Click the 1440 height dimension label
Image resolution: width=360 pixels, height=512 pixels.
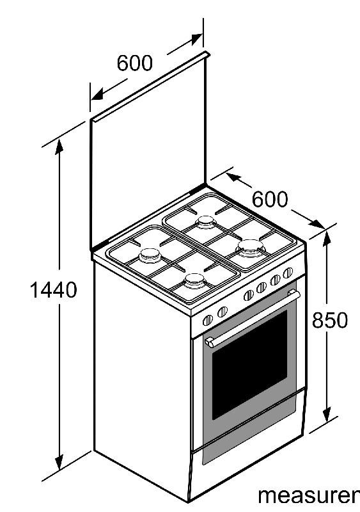[53, 290]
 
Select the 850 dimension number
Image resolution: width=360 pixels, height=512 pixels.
[330, 320]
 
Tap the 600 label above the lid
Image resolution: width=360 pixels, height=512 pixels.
[134, 63]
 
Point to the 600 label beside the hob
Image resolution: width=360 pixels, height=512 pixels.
[270, 199]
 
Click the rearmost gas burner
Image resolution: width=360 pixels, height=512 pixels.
[206, 222]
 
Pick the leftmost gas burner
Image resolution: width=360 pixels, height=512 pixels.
[150, 255]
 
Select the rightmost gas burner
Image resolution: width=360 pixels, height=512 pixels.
[251, 248]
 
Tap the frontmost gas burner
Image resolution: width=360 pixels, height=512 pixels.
[195, 281]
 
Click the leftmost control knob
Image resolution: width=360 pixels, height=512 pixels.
[208, 321]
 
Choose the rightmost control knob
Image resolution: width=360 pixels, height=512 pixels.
[288, 273]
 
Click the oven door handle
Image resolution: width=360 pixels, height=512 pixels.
[253, 318]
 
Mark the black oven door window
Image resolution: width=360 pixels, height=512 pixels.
[249, 365]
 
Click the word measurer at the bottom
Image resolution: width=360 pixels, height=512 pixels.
[308, 495]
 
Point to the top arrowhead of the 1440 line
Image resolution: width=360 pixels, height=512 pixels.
[59, 147]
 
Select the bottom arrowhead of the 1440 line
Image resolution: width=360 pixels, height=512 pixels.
[59, 462]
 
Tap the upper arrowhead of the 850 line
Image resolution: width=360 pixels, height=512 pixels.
[327, 238]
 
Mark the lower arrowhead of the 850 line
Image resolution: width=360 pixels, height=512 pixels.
[327, 414]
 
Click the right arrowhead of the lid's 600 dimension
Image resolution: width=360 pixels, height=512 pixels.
[195, 39]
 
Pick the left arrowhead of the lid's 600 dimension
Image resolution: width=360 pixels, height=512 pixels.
[97, 94]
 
